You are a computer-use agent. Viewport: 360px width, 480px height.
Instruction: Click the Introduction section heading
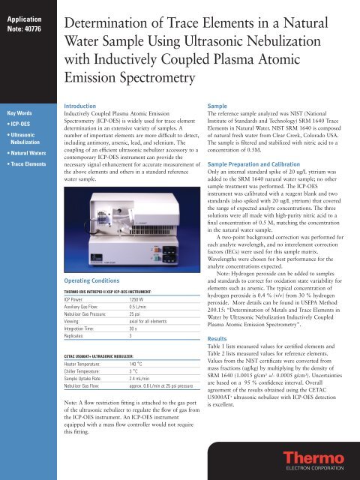pyautogui.click(x=82, y=107)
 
